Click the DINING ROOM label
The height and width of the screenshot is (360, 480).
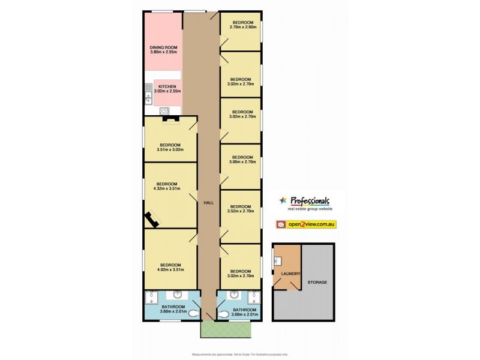pos(163,47)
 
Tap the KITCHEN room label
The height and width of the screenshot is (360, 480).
pos(167,87)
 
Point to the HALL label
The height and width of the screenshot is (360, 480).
pos(209,202)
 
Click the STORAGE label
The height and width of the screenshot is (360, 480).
pos(317,281)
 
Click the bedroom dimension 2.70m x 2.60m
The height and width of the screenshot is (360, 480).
pos(244,27)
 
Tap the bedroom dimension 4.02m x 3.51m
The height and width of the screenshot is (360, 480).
pos(170,270)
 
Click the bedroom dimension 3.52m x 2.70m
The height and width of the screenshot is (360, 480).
pos(242,211)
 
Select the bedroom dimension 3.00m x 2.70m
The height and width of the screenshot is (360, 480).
pos(242,161)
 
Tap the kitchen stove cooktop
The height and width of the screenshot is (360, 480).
pos(166,110)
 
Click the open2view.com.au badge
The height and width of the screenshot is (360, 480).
pos(306,224)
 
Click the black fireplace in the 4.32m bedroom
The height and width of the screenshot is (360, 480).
pos(150,220)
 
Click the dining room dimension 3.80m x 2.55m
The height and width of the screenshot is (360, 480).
pos(163,52)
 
